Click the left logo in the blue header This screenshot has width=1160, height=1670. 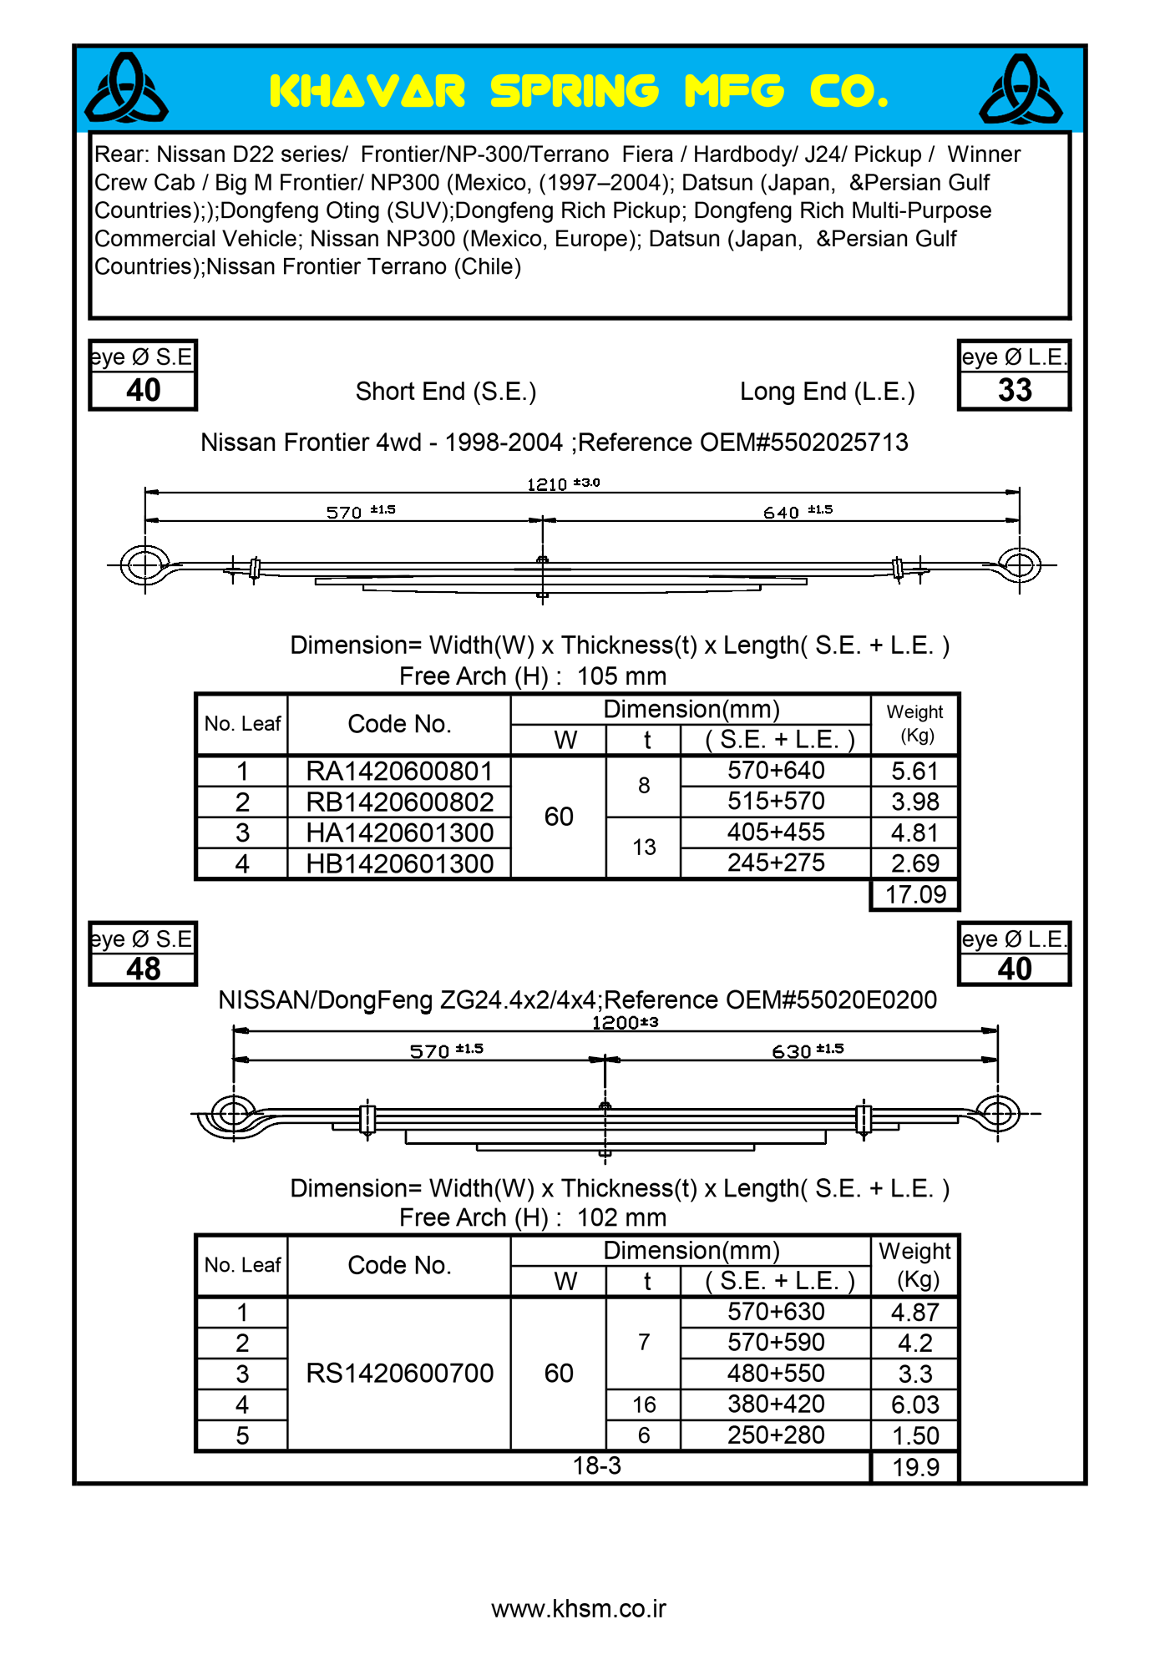[x=126, y=89]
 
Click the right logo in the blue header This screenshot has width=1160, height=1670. [x=1021, y=89]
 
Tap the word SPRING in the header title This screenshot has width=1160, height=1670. [x=574, y=91]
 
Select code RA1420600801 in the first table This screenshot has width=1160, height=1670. [x=399, y=771]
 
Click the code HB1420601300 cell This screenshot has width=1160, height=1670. [x=399, y=863]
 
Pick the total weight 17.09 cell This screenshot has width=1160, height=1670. [x=915, y=895]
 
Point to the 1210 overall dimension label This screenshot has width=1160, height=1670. [x=547, y=484]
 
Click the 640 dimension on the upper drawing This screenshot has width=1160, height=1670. [x=782, y=513]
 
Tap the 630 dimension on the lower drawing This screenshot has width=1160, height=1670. [x=792, y=1051]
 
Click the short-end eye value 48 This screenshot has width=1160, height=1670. [x=143, y=969]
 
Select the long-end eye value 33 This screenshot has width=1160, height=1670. [x=1015, y=390]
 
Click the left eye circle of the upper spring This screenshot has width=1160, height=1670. [x=145, y=565]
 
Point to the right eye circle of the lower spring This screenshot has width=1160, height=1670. [x=998, y=1113]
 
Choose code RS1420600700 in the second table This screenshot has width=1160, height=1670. [x=399, y=1374]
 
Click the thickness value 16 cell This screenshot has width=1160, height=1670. [x=644, y=1405]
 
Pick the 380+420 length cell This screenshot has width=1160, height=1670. [x=776, y=1404]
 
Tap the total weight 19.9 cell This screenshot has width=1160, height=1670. [x=915, y=1467]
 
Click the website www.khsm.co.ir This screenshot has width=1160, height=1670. [x=579, y=1609]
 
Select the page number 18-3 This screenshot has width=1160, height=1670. [x=597, y=1465]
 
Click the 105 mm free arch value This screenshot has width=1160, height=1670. [x=621, y=676]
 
